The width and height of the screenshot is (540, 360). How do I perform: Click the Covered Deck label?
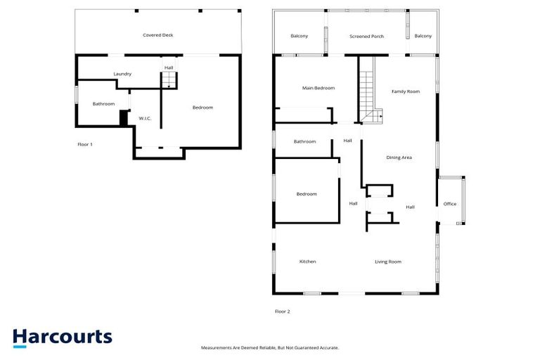(x=157, y=34)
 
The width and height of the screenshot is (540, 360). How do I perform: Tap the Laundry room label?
(x=123, y=74)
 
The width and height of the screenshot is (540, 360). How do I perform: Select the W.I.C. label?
(x=145, y=118)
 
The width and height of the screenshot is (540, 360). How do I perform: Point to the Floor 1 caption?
(x=85, y=144)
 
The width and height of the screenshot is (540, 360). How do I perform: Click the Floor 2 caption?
(x=282, y=311)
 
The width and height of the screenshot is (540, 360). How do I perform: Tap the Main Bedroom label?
(x=319, y=88)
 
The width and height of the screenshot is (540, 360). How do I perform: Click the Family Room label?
(x=406, y=91)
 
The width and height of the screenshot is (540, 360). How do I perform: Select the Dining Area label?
(x=399, y=157)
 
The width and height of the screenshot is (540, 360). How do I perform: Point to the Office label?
(x=450, y=204)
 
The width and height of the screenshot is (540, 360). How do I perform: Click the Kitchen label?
(x=308, y=262)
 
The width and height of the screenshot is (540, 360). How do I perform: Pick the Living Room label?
(x=388, y=262)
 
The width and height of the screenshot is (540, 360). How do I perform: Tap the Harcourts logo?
(x=62, y=337)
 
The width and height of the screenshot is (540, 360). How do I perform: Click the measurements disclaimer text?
(x=270, y=348)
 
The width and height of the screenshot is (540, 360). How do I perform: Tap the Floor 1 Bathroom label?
(x=103, y=104)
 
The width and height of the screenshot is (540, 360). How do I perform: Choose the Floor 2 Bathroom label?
(x=304, y=141)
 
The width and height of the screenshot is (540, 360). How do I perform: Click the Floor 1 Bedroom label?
(x=202, y=108)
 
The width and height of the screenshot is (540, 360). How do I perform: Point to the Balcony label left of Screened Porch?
(x=300, y=36)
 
